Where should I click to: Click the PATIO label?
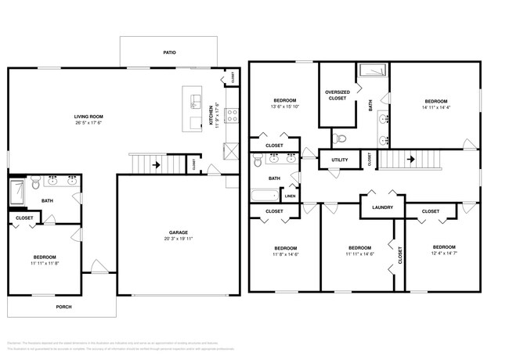(x=169, y=52)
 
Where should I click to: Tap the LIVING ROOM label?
(x=88, y=117)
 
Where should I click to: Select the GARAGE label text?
(x=178, y=232)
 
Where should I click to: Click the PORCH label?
(x=63, y=307)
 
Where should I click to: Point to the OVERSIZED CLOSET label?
(x=337, y=95)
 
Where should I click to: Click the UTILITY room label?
(x=339, y=160)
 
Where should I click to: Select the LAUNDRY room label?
(x=382, y=207)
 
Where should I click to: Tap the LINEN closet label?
(x=291, y=196)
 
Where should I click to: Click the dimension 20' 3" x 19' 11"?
(x=178, y=239)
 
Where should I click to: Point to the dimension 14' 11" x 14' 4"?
(x=435, y=108)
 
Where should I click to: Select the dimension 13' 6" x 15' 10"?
(x=284, y=107)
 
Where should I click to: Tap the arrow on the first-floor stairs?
(x=157, y=165)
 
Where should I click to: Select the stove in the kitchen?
(x=232, y=116)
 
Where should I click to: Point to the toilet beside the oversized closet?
(x=339, y=139)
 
